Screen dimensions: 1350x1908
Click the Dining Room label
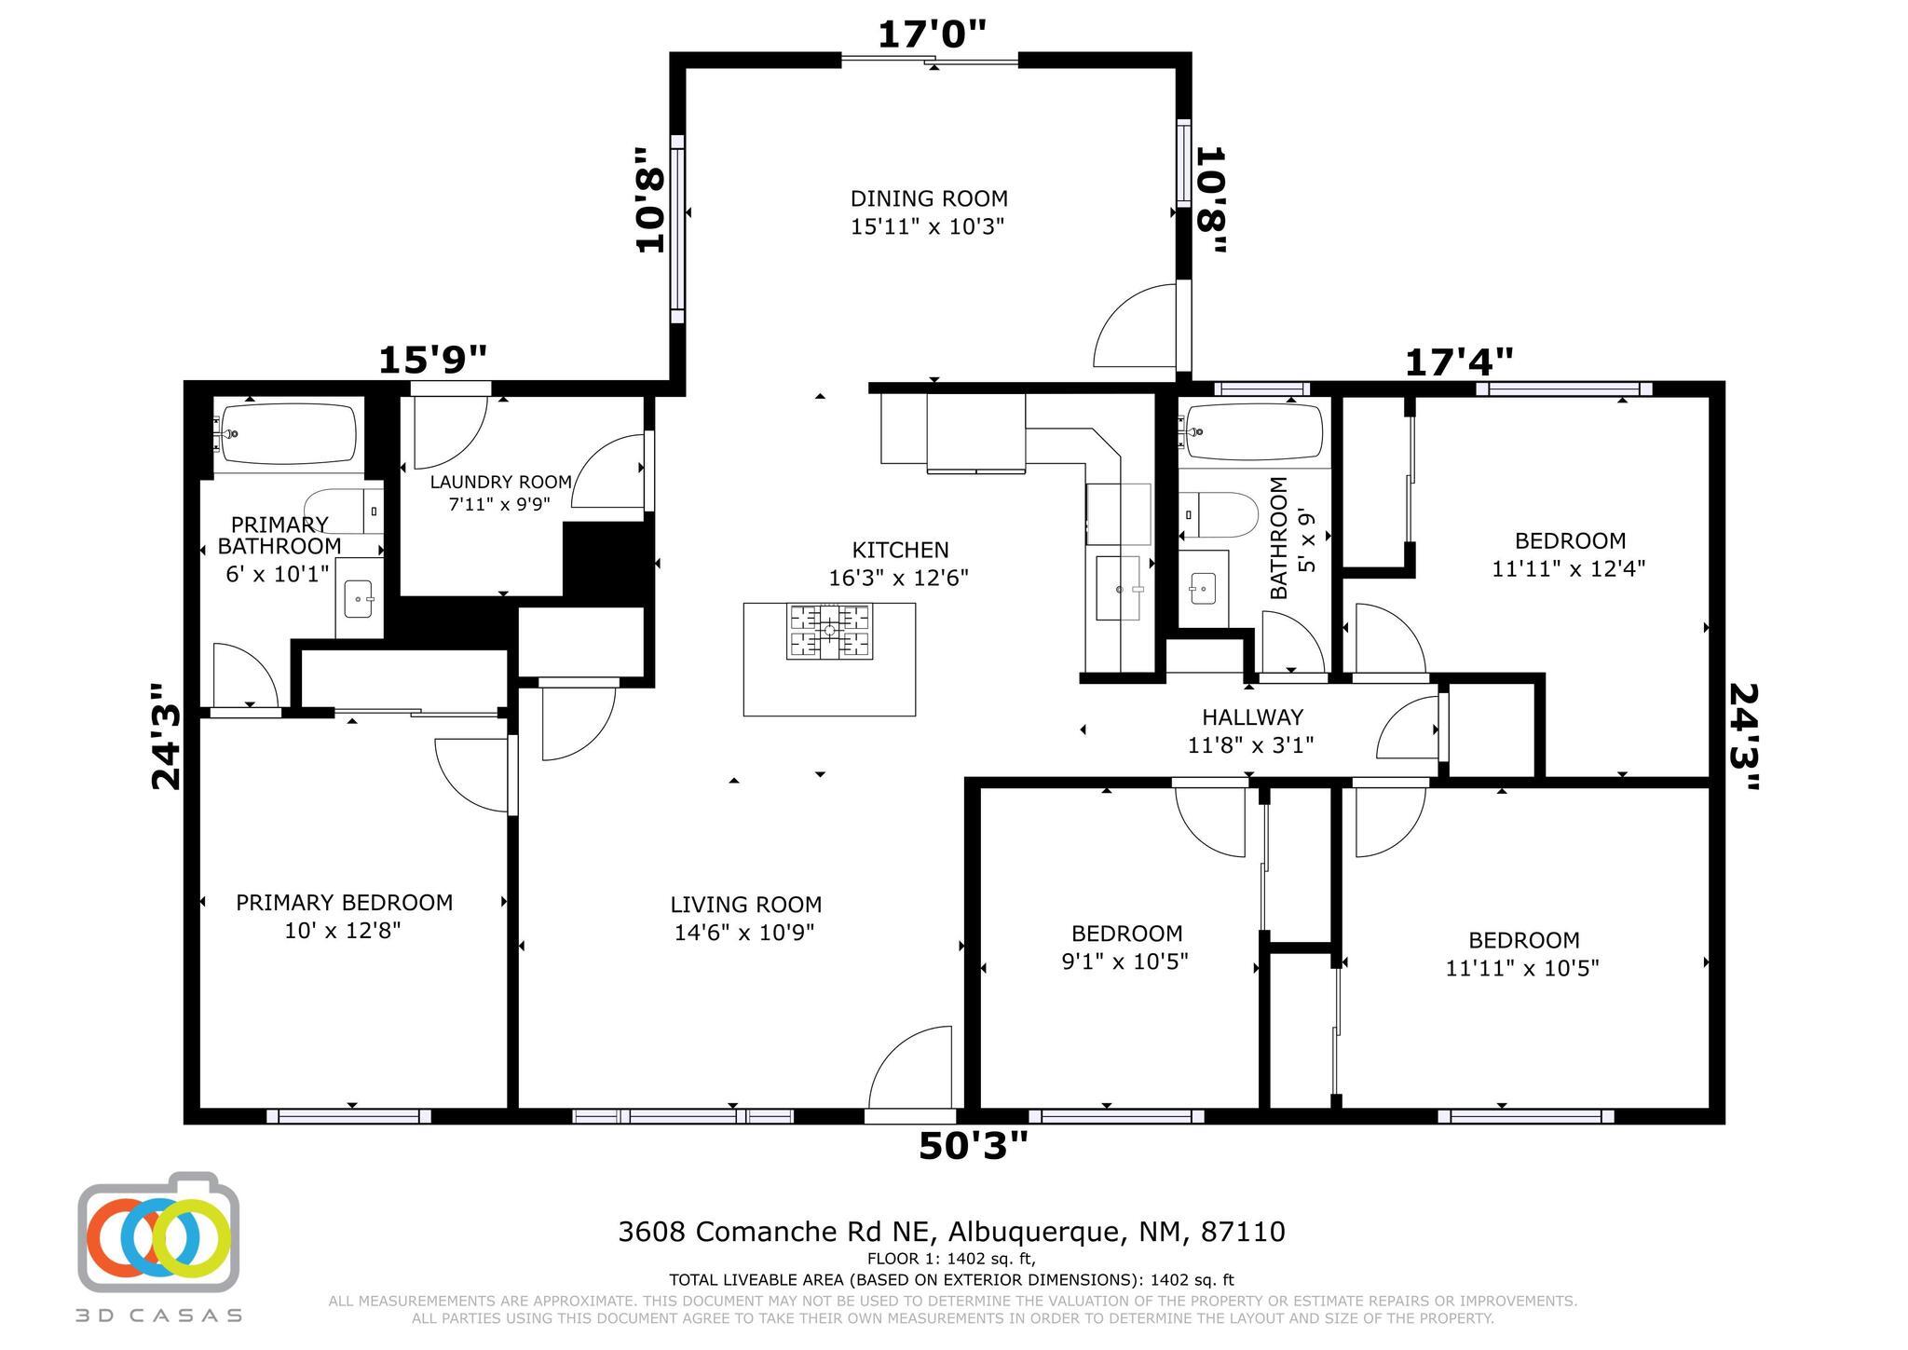click(x=928, y=199)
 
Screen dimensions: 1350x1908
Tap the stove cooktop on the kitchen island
click(x=829, y=632)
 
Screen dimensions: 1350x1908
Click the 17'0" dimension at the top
click(x=932, y=35)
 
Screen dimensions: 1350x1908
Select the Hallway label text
click(x=1252, y=717)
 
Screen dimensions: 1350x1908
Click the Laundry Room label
click(x=500, y=483)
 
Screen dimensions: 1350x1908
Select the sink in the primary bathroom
click(x=359, y=599)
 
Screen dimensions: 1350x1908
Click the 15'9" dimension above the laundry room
click(x=432, y=360)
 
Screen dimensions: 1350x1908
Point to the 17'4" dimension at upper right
click(x=1459, y=361)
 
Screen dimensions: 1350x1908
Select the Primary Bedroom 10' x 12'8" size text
click(x=343, y=931)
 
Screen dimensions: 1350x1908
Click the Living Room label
click(x=745, y=905)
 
